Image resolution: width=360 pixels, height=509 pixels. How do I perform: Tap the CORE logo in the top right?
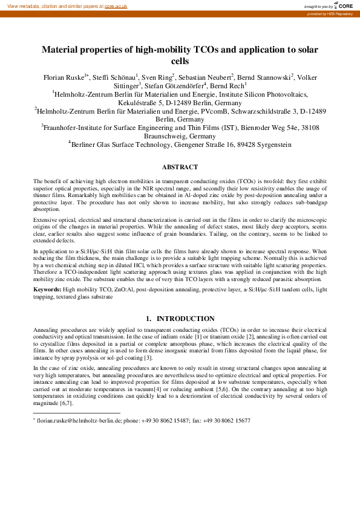tap(342, 5)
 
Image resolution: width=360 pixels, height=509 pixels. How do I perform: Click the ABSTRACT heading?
tap(180, 167)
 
